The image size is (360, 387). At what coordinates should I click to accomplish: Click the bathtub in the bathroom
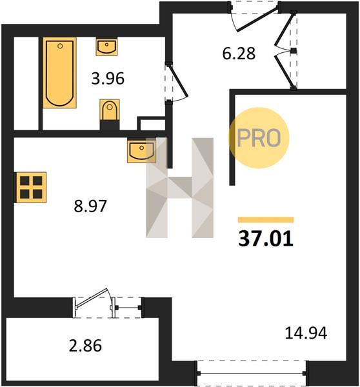59,72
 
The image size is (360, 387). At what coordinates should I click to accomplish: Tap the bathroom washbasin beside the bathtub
106,46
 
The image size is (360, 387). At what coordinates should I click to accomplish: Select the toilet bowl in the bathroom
110,110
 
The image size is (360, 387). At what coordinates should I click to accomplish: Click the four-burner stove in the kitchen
31,187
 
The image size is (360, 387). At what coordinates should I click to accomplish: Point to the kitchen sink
141,150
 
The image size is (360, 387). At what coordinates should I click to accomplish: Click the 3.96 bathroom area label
108,79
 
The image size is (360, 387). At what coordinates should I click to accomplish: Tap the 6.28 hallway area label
239,54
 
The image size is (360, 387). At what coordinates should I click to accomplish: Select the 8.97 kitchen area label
90,206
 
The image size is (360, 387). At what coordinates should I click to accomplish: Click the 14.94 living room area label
306,333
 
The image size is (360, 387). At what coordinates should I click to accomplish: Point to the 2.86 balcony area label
85,346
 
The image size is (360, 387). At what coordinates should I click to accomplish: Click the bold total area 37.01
266,239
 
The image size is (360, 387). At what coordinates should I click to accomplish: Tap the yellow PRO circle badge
259,138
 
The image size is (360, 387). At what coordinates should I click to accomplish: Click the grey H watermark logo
179,188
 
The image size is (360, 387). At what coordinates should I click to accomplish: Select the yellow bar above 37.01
266,220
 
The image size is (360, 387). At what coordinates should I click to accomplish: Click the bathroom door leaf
179,81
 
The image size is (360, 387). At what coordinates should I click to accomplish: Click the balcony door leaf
92,298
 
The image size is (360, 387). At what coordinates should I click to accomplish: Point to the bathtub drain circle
60,46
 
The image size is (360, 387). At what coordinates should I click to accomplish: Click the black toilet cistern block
110,125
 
